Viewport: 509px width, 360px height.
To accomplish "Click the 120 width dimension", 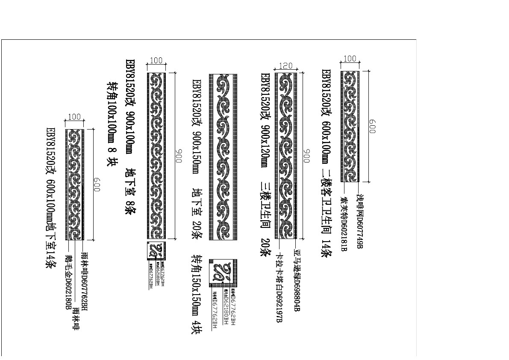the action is click(x=285, y=66).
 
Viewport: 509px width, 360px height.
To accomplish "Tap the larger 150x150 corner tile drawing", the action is click(x=223, y=273).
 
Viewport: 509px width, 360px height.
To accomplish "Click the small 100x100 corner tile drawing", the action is click(x=156, y=251).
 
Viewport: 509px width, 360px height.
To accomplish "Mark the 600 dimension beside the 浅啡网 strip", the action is click(x=372, y=126).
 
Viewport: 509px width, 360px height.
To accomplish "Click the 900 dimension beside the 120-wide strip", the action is click(x=306, y=156).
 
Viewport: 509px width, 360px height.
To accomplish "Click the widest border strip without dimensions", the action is click(x=223, y=157).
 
